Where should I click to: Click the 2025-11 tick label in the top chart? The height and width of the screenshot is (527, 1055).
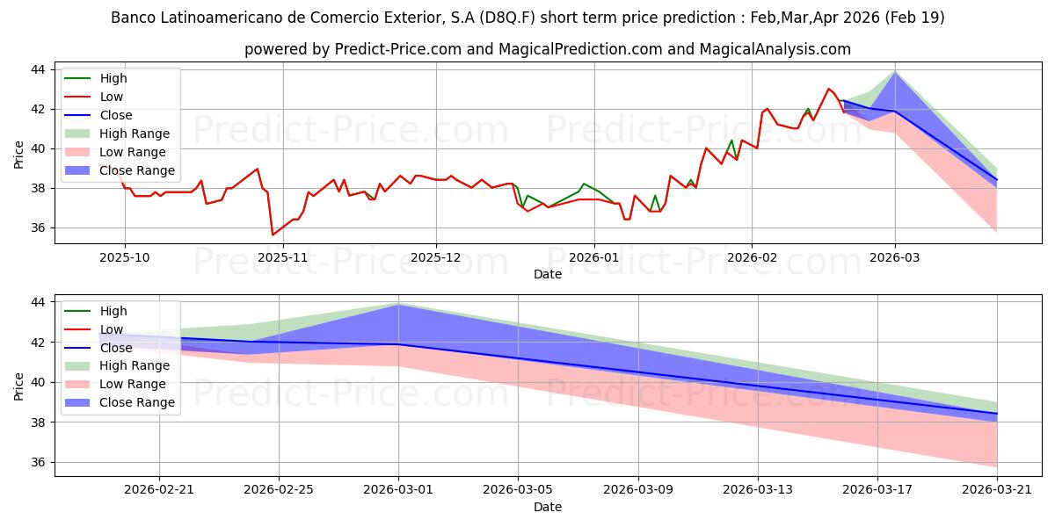(x=282, y=257)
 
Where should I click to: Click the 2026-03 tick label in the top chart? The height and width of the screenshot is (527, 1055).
(x=894, y=257)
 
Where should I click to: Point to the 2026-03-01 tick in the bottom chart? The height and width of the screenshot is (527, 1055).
(x=398, y=490)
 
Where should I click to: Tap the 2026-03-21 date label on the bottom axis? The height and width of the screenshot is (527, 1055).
(x=997, y=490)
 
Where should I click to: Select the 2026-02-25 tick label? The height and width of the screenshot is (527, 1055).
(x=279, y=490)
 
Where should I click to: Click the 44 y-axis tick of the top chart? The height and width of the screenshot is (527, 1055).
(x=38, y=69)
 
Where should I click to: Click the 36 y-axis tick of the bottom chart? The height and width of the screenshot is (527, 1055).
(x=38, y=462)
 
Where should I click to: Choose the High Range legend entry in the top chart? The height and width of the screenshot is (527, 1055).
(x=117, y=134)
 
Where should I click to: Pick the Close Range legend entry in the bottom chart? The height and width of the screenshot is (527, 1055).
(x=117, y=402)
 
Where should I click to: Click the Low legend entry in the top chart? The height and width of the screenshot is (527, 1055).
(x=94, y=97)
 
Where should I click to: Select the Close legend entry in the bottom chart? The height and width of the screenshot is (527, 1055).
(x=98, y=348)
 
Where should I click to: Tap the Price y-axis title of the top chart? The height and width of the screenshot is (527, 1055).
(x=18, y=155)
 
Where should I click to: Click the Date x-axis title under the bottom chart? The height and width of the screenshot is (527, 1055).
(x=547, y=507)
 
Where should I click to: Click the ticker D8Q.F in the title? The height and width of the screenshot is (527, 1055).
(x=507, y=18)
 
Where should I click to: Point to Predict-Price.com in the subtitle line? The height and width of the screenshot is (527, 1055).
(x=398, y=49)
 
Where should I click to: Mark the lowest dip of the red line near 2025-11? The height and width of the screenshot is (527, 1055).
(x=273, y=235)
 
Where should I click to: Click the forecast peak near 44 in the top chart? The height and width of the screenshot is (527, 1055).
(x=895, y=71)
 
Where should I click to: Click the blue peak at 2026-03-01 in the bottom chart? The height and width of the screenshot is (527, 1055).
(x=398, y=305)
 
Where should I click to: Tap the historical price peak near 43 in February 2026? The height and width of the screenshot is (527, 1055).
(x=828, y=89)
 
